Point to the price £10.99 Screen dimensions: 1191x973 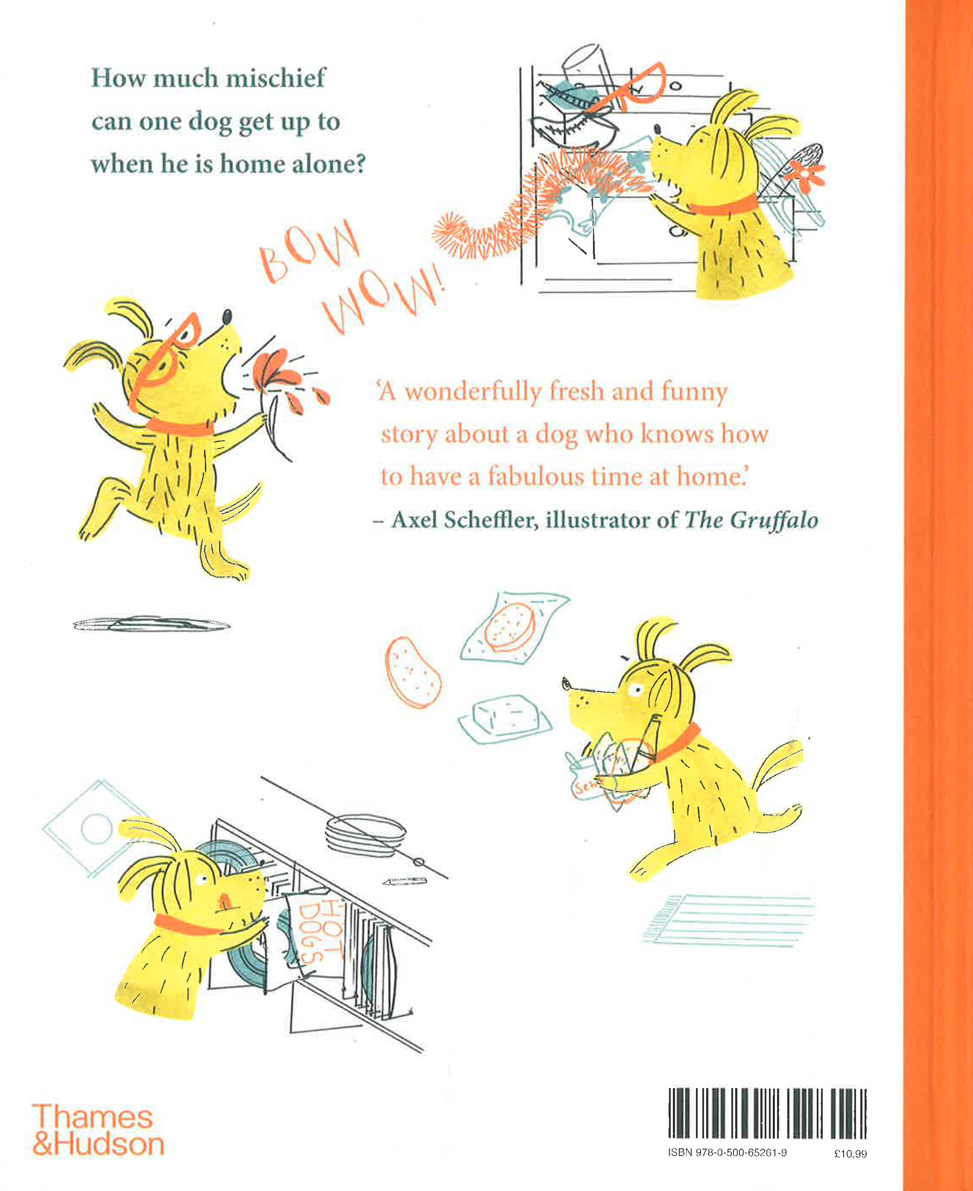coord(850,1153)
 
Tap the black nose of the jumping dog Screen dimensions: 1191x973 coord(226,317)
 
